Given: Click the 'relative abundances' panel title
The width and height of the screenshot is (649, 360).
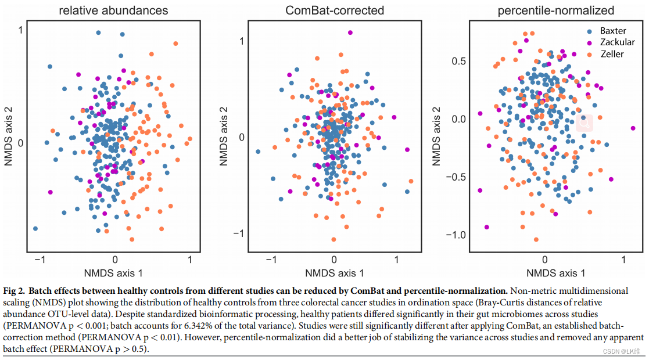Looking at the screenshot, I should (x=114, y=10).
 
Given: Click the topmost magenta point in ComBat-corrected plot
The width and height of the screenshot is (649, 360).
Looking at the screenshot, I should (x=350, y=33).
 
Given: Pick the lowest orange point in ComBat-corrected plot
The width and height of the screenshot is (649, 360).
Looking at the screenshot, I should (x=334, y=239).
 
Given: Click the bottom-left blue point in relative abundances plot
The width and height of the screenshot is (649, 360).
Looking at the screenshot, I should (x=35, y=229).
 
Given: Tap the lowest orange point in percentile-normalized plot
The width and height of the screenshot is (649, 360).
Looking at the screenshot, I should (x=536, y=239).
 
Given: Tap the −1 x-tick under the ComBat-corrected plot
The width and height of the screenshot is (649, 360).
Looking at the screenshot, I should (x=270, y=260).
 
